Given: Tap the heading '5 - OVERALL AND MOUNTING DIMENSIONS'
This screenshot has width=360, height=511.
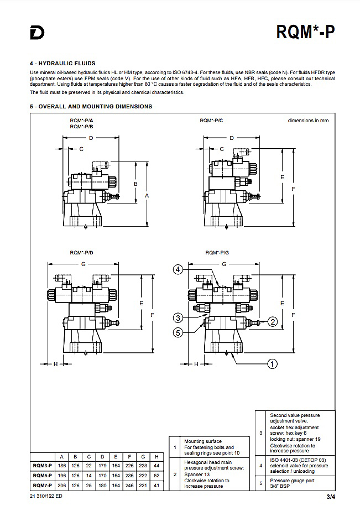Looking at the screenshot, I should pyautogui.click(x=91, y=106).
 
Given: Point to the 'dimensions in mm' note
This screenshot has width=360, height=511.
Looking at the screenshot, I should pyautogui.click(x=308, y=121).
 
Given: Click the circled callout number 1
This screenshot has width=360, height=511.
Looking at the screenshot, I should pyautogui.click(x=272, y=363).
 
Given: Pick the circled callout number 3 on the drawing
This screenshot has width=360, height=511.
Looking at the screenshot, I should pyautogui.click(x=178, y=317).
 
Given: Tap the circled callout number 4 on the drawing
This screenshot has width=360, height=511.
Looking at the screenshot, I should pyautogui.click(x=178, y=269).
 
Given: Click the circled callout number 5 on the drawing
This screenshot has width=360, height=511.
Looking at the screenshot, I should pyautogui.click(x=178, y=332).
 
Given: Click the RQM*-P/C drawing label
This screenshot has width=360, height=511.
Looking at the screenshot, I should pyautogui.click(x=211, y=121).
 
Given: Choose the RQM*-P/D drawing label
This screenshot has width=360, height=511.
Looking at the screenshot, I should pyautogui.click(x=81, y=252).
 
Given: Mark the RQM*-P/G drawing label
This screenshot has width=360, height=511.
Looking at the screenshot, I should pyautogui.click(x=217, y=252).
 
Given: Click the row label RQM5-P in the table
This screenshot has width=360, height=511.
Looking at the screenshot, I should pyautogui.click(x=43, y=476).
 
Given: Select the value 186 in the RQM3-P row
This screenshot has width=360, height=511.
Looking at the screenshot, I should pyautogui.click(x=61, y=466).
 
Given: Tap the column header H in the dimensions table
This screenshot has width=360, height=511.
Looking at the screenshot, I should pyautogui.click(x=157, y=456).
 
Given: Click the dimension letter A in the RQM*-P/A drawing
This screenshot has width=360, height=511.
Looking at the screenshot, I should pyautogui.click(x=147, y=195).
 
